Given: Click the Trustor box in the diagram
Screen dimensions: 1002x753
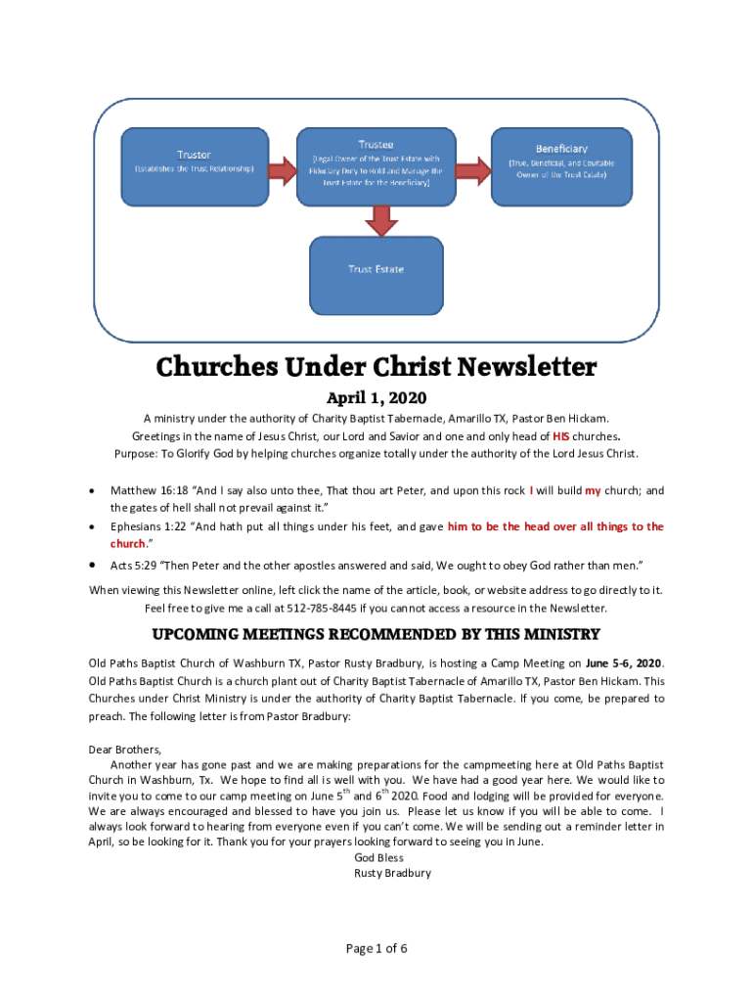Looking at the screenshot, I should pyautogui.click(x=193, y=166).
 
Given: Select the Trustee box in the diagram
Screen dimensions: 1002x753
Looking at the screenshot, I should pyautogui.click(x=376, y=166).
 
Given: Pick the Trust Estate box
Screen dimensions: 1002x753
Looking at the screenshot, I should pyautogui.click(x=376, y=269).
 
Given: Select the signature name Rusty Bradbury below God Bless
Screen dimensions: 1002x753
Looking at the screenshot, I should pyautogui.click(x=392, y=873).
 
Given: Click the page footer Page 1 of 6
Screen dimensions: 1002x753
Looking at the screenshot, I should pyautogui.click(x=376, y=948).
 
